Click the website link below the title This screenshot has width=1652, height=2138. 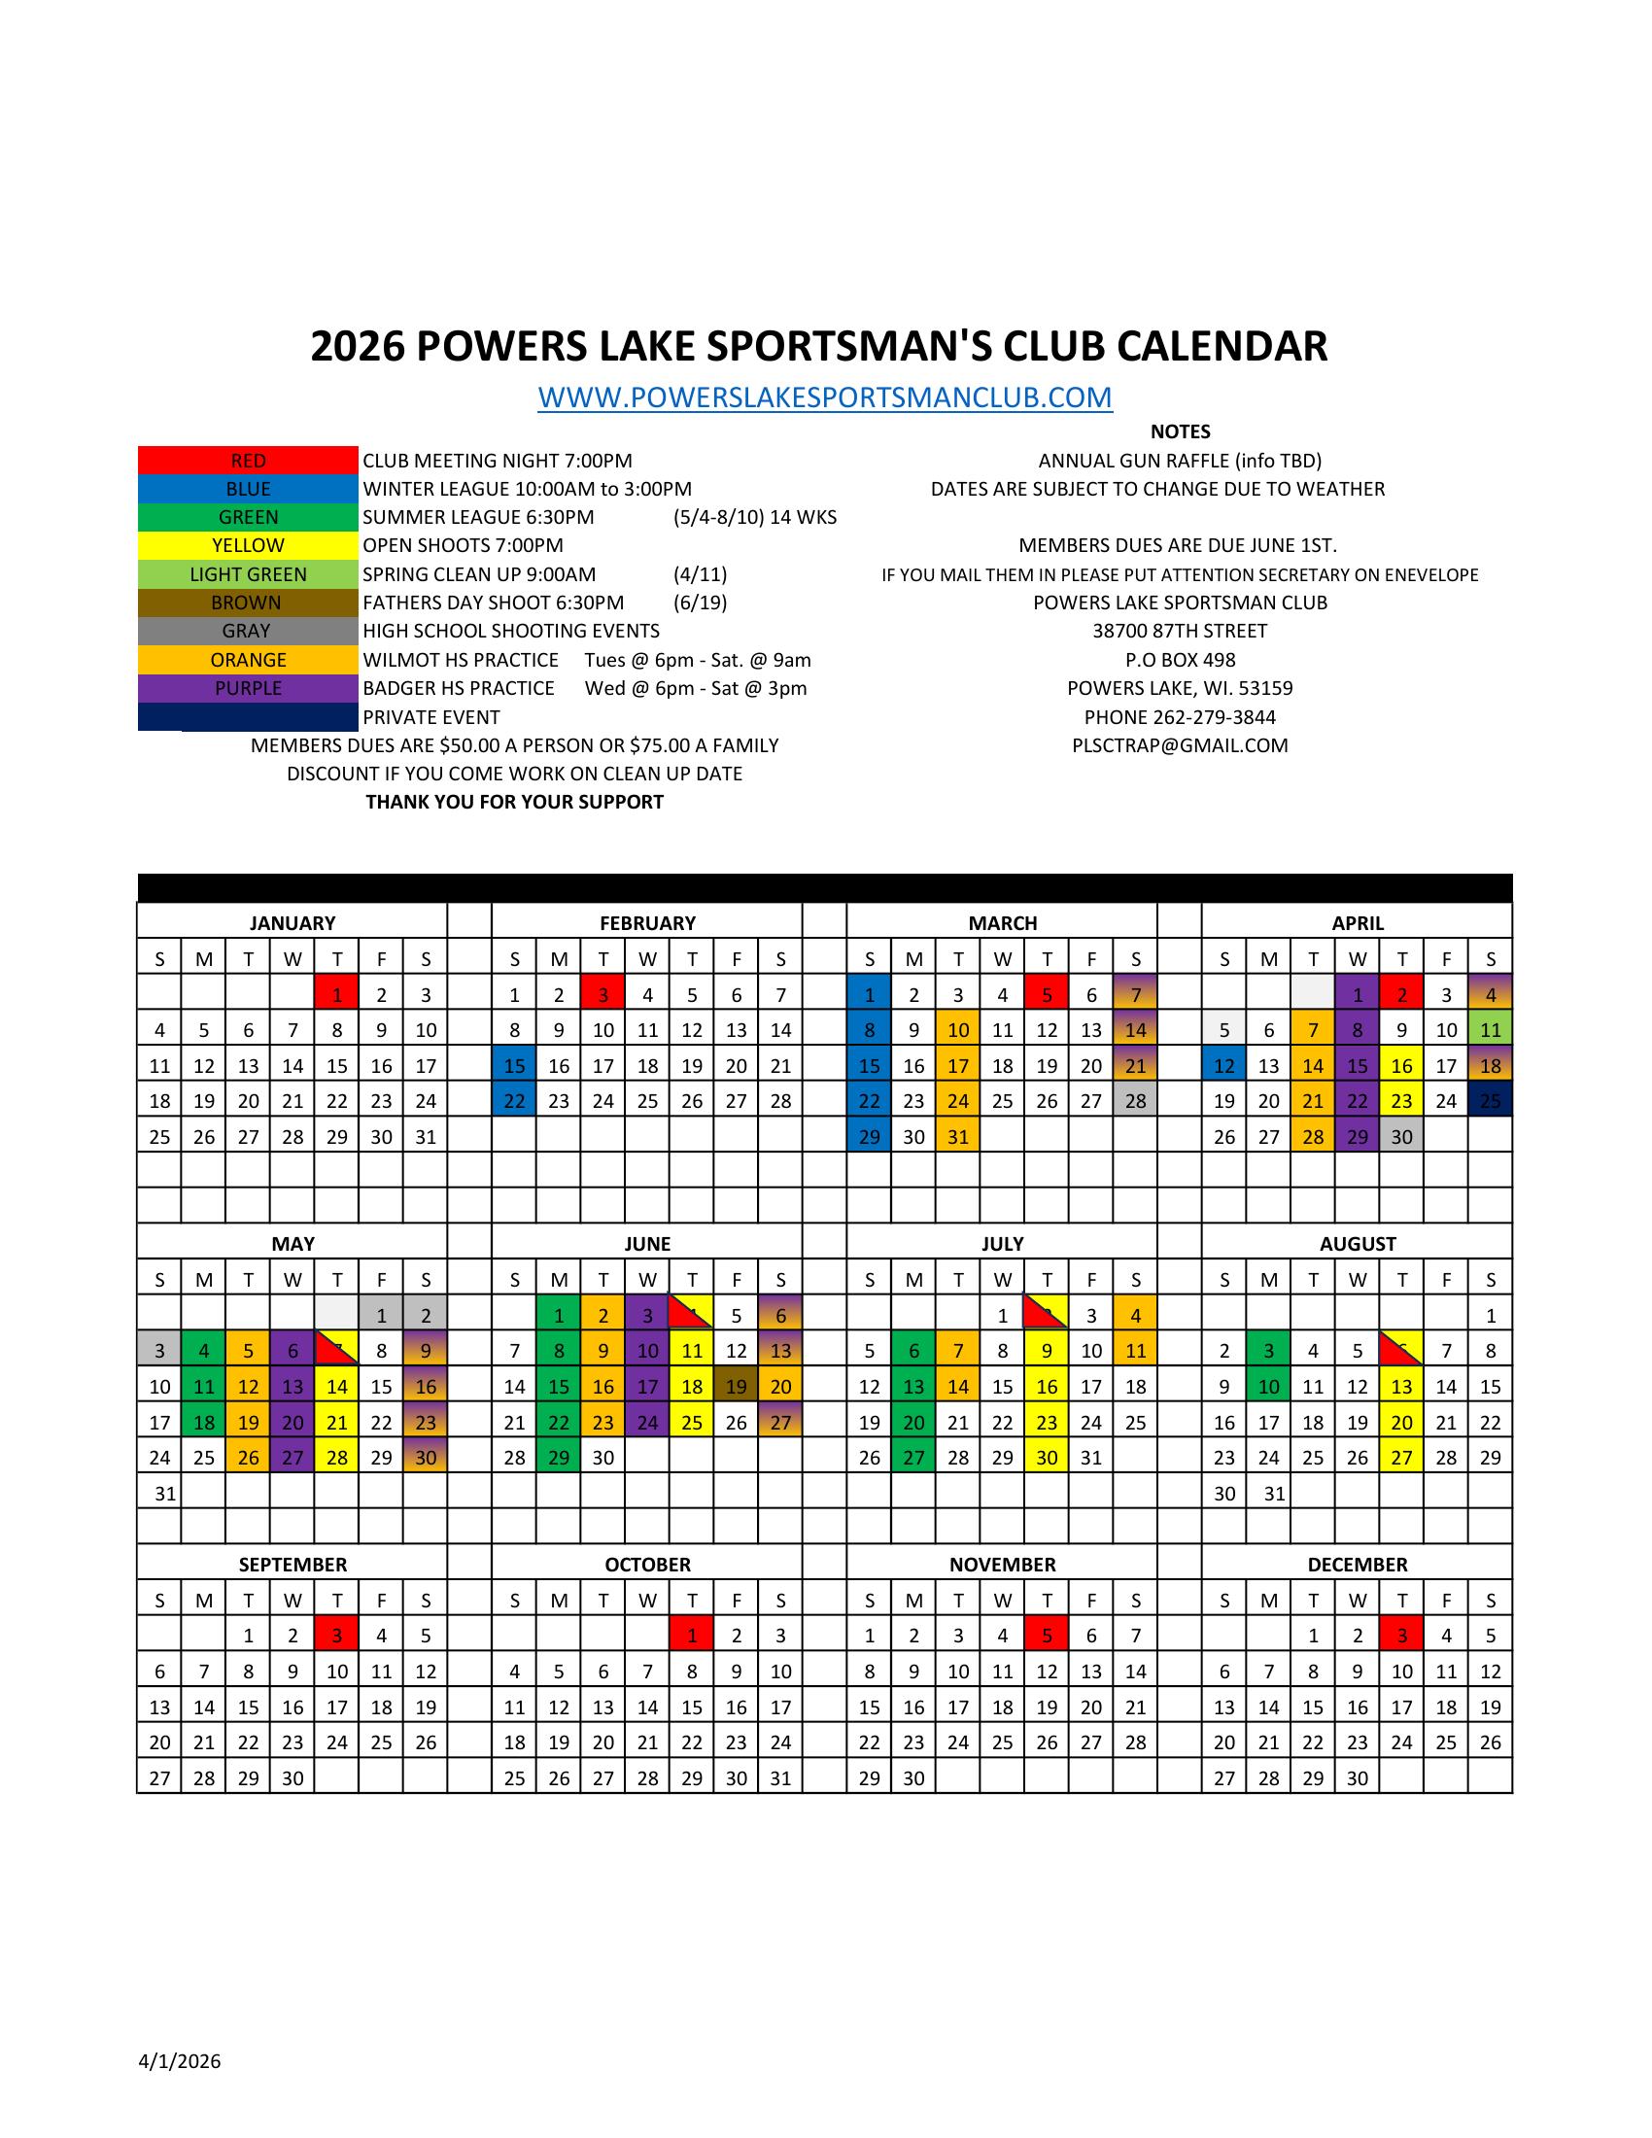click(x=824, y=397)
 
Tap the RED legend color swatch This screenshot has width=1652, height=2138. click(x=248, y=460)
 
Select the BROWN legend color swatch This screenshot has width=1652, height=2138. click(x=248, y=603)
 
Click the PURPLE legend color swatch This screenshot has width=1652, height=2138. click(x=248, y=688)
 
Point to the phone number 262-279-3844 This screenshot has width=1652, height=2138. click(x=1180, y=717)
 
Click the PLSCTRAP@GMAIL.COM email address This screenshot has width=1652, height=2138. click(x=1180, y=746)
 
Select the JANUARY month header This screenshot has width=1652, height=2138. click(x=292, y=923)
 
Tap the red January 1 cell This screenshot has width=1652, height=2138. click(x=336, y=994)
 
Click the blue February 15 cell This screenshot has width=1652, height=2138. click(x=515, y=1066)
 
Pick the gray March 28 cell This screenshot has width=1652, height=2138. click(x=1135, y=1101)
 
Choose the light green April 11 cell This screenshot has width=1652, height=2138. click(x=1491, y=1030)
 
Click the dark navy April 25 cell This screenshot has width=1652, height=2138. click(x=1491, y=1101)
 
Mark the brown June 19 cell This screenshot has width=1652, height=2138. click(x=736, y=1386)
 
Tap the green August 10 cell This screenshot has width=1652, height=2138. click(x=1268, y=1386)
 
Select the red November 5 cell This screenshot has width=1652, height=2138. click(x=1048, y=1636)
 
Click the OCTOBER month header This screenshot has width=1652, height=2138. click(x=647, y=1566)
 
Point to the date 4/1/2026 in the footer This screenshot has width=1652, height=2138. click(x=179, y=2062)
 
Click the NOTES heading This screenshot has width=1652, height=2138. click(x=1180, y=431)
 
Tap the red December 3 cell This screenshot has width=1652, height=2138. click(x=1401, y=1636)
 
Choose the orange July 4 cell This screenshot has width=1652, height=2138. click(x=1135, y=1316)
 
